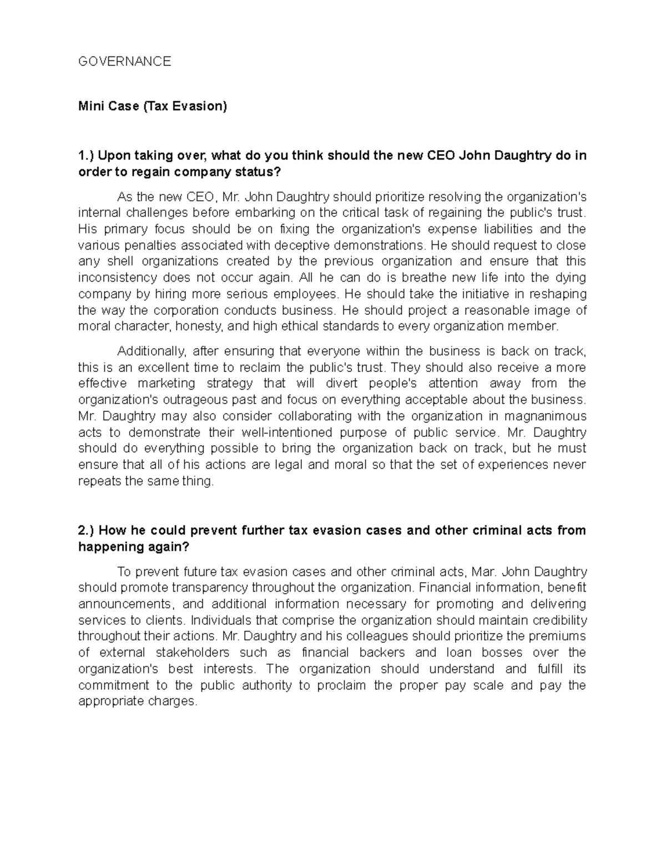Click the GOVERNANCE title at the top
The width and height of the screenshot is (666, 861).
(x=124, y=62)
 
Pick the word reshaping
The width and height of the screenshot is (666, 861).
(x=558, y=293)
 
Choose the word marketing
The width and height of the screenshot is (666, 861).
(x=167, y=383)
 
